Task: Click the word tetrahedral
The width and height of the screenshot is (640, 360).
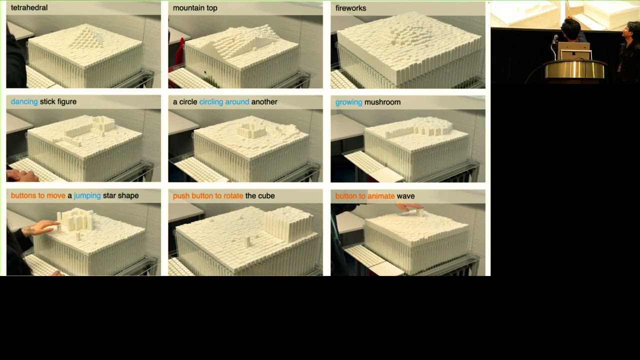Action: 29,8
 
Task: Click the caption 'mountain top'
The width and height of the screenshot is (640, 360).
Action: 195,8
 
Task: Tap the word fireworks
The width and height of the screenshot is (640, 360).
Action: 350,8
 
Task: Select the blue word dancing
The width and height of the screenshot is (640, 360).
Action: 24,102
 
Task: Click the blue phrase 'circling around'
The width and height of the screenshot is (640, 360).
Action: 224,102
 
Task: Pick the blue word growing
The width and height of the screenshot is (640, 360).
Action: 348,102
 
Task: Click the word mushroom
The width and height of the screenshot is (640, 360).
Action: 382,102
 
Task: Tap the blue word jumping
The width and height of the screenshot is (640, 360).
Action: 87,195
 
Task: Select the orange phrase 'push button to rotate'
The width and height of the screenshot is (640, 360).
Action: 208,195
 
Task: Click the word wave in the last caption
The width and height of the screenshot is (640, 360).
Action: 405,196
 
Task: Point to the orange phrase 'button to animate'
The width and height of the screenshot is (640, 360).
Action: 365,196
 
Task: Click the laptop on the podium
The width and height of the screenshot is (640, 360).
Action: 574,51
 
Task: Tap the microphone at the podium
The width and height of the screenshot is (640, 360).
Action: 555,39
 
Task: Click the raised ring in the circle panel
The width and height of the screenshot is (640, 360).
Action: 252,131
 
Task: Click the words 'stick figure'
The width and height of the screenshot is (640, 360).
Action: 58,102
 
